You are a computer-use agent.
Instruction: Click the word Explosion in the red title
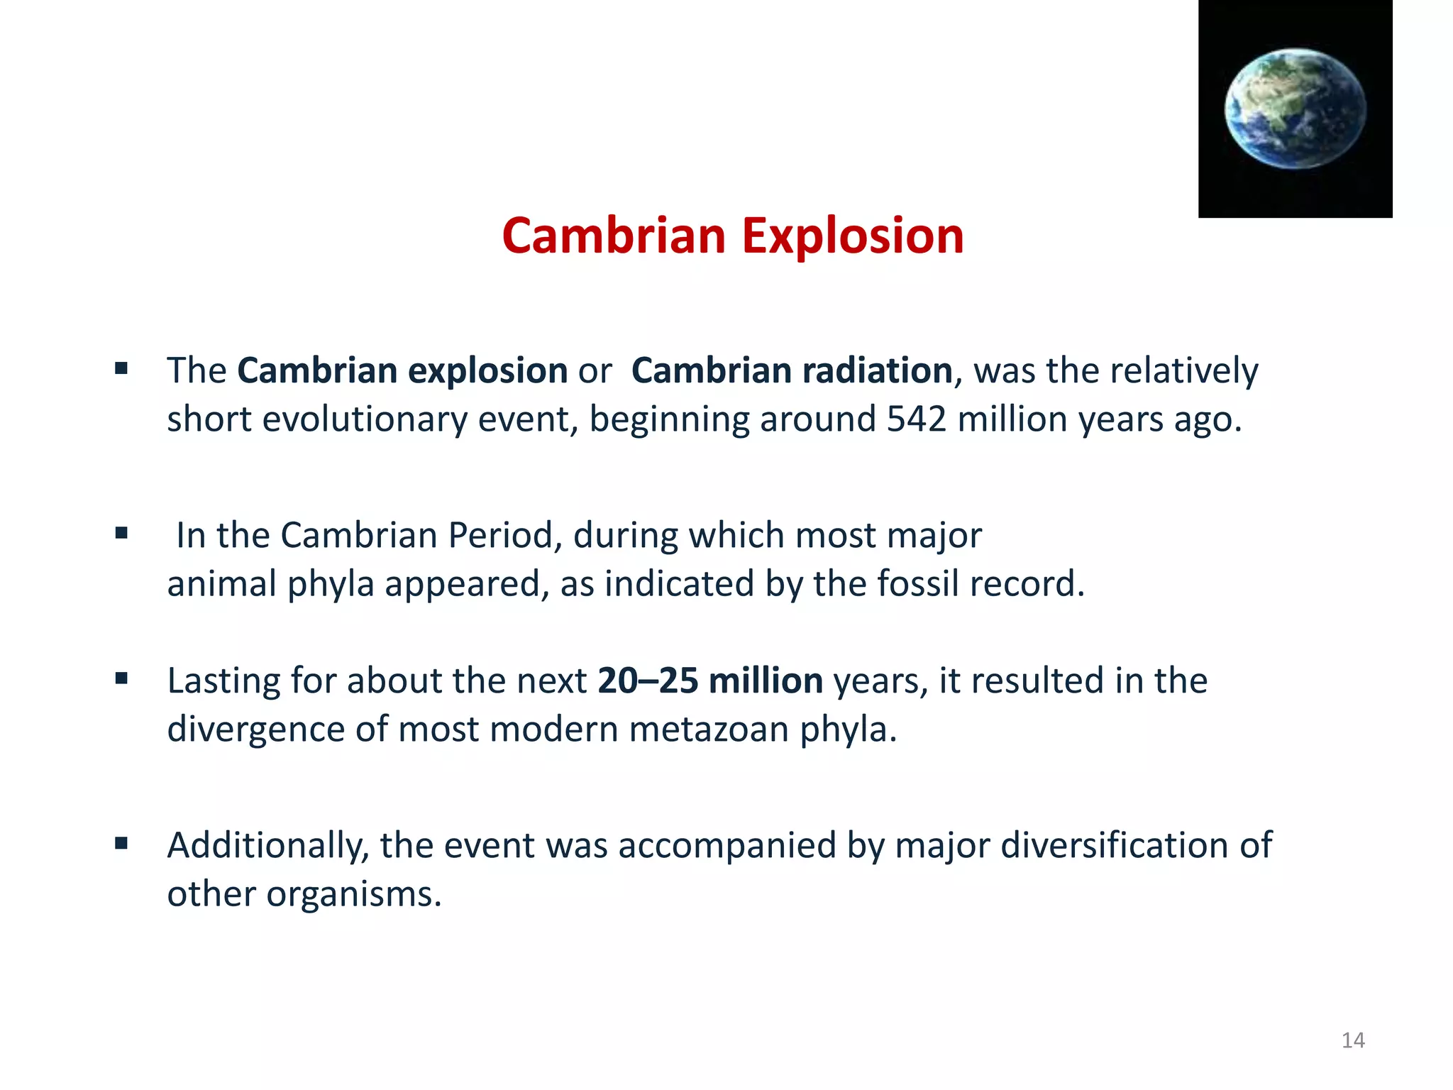[853, 236]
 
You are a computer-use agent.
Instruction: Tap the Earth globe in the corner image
[1295, 109]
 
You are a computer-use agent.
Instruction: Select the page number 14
[1353, 1040]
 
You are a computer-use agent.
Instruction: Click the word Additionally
[267, 845]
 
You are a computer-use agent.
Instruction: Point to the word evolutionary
[365, 419]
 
